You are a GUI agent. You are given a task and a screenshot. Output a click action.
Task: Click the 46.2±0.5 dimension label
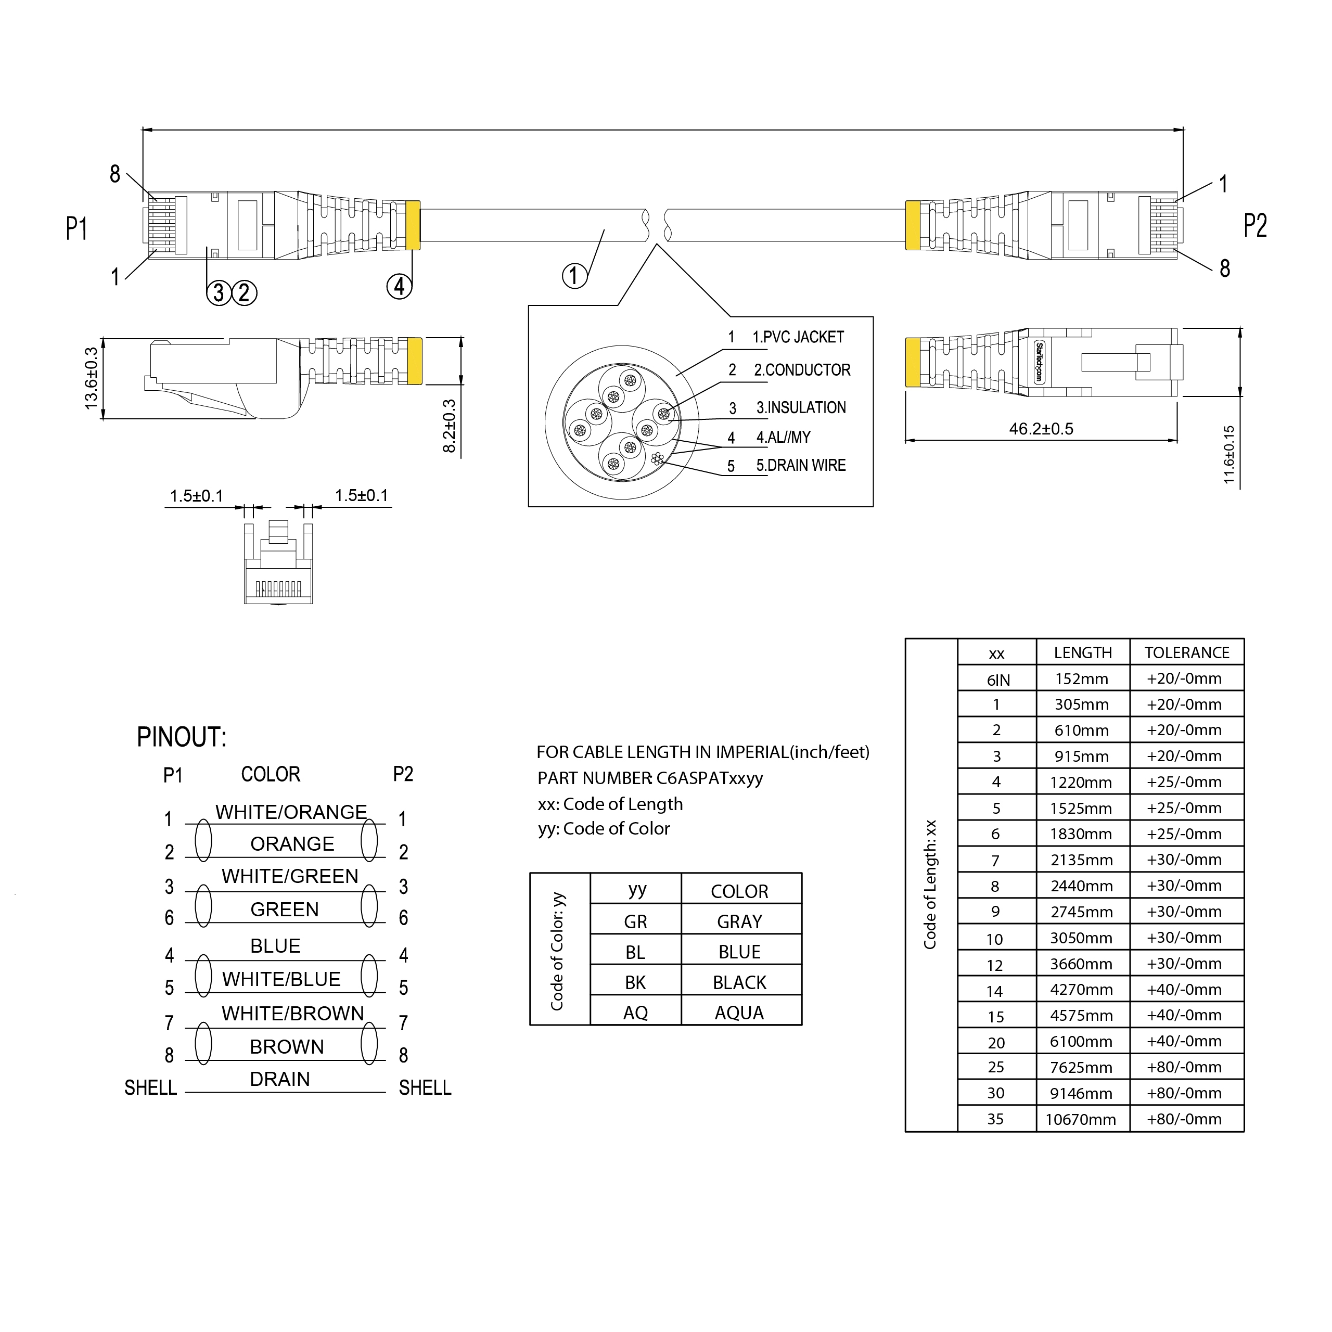tap(1041, 429)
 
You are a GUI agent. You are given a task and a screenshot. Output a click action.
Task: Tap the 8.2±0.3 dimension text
tap(450, 426)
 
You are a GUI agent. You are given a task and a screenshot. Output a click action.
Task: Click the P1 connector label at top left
tap(76, 228)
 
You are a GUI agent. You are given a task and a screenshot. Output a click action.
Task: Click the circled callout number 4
tap(399, 286)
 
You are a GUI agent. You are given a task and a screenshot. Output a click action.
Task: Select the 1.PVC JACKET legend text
tap(798, 337)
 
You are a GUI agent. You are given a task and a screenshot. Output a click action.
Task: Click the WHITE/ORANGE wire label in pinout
tap(291, 812)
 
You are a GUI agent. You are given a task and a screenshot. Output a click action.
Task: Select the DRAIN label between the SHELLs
tap(280, 1079)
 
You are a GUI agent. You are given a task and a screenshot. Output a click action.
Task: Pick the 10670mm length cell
tap(1080, 1120)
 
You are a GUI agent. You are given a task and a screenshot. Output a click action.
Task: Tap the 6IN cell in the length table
tap(997, 681)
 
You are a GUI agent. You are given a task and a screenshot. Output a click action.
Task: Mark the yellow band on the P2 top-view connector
tap(912, 225)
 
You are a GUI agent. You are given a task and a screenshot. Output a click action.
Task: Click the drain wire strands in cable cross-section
tap(657, 458)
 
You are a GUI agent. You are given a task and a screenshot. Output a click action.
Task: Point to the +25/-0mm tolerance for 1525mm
tap(1184, 808)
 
